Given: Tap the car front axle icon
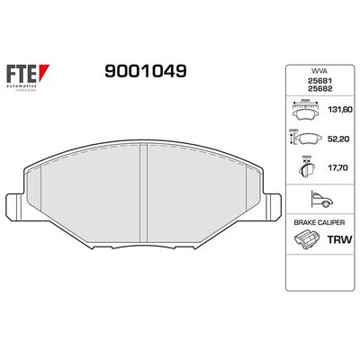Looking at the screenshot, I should pos(312,199).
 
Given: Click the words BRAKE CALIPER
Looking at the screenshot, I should pos(312,220).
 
